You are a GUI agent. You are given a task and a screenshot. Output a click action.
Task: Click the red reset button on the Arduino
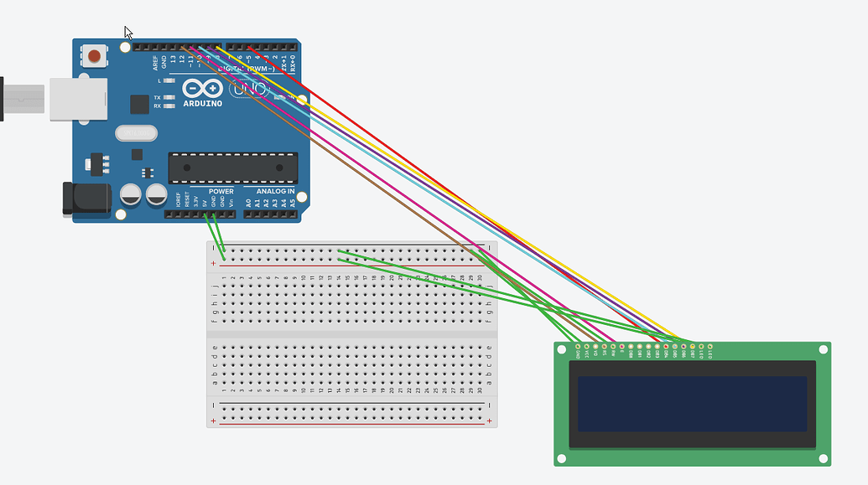point(95,57)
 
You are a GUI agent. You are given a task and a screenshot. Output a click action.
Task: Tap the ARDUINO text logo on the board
point(202,103)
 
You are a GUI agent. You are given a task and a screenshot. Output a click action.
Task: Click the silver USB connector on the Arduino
point(77,98)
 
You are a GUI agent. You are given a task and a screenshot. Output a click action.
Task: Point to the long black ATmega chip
point(232,168)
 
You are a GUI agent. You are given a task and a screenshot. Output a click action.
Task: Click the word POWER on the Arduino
point(221,192)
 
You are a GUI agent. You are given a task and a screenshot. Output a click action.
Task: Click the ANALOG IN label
point(275,192)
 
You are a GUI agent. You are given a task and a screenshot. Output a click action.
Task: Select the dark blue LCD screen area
point(692,404)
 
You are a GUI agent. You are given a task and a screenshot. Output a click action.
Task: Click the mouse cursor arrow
point(128,32)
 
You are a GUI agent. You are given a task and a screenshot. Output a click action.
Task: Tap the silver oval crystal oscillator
point(136,132)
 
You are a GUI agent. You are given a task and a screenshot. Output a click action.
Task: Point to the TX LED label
point(157,98)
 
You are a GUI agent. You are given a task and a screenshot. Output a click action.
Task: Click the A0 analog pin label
point(248,202)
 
